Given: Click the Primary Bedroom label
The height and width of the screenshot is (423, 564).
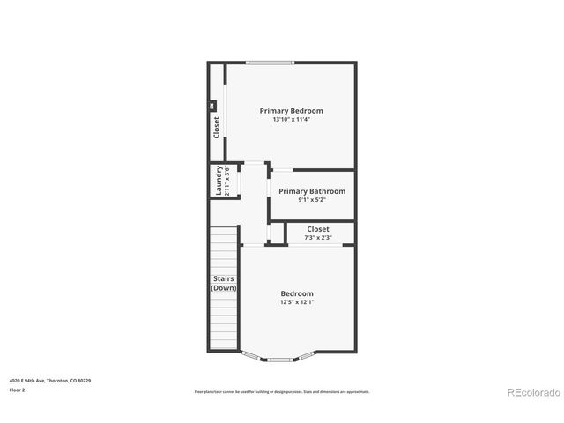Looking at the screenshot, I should tap(291, 111).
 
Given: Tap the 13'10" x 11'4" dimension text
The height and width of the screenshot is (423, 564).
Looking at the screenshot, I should tap(291, 119).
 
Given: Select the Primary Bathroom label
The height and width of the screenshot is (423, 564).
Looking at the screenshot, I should tap(312, 191).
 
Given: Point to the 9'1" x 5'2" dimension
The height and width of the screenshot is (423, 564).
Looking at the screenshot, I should tap(312, 200).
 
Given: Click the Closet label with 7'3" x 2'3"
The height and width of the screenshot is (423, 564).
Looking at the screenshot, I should tap(318, 229).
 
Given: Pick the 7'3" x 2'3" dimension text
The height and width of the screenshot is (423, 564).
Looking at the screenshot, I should tap(318, 237).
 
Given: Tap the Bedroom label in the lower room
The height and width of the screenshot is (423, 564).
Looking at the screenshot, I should tap(297, 293).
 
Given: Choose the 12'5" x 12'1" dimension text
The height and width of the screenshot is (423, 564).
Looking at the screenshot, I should tap(297, 302).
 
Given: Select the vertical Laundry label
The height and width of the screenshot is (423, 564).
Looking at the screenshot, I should tap(219, 182).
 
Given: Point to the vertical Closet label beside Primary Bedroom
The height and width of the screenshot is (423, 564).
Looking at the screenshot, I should tap(217, 128).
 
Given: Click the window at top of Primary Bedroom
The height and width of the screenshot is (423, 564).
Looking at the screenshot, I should tap(270, 63).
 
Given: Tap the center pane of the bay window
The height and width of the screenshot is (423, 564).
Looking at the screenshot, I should tap(281, 359).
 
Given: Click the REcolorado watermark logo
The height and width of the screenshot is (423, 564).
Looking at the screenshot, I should tap(532, 392).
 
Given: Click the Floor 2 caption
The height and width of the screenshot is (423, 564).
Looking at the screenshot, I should tap(18, 389).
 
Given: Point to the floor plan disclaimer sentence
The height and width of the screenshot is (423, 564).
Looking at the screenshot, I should tap(282, 391).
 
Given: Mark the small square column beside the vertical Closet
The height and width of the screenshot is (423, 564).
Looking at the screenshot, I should tap(212, 106).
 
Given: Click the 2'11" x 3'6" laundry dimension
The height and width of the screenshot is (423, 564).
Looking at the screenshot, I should tap(227, 182).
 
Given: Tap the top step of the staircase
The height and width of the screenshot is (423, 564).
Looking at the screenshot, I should tap(224, 229).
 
